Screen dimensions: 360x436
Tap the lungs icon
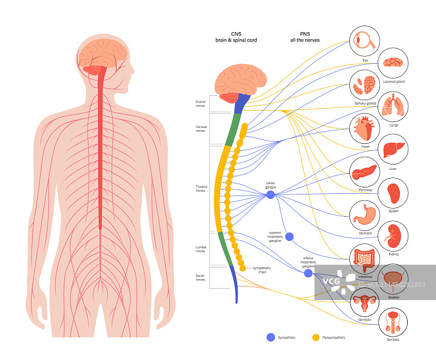pos(393,105)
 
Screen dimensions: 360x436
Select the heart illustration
pos(364,129)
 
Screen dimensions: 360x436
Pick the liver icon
pos(393,150)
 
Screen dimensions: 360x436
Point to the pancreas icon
pos(364,172)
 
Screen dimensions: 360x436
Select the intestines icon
pos(364,258)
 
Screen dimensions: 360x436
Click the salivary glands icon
pos(364,84)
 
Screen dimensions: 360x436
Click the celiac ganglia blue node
pos(270,194)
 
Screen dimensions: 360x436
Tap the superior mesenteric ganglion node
pos(289,237)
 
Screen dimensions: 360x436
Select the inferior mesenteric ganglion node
pos(308,273)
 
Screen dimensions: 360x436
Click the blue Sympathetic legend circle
pos(270,338)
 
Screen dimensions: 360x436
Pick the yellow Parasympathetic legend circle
pos(316,338)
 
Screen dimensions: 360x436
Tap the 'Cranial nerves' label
pos(201,102)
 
